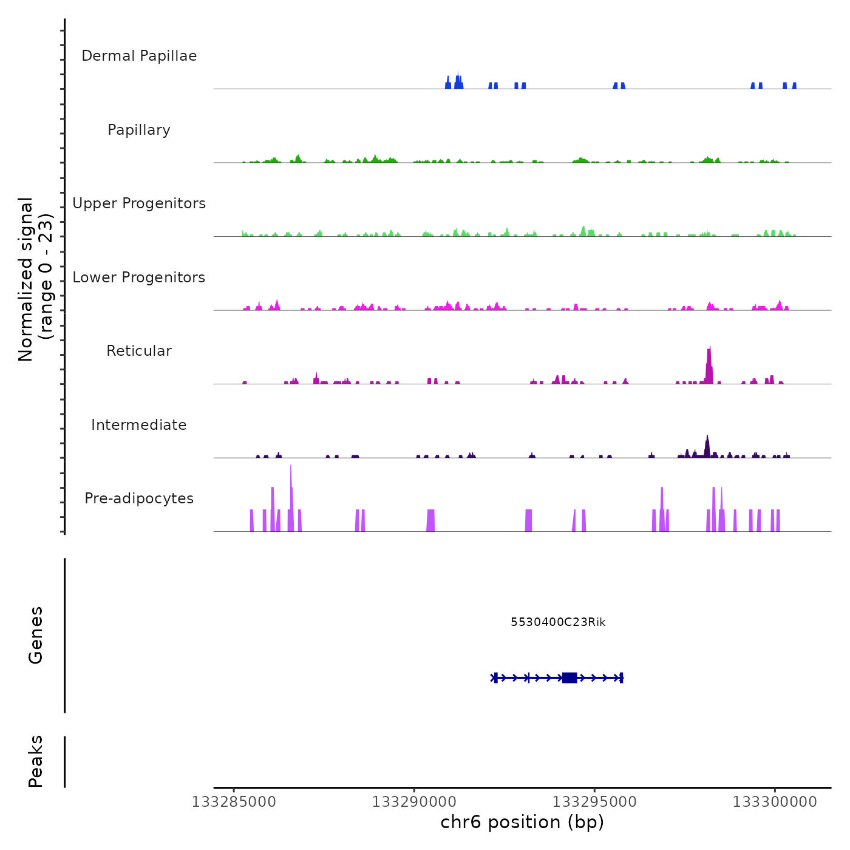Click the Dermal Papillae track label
139,56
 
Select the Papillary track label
139,130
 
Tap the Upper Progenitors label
139,203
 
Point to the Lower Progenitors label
139,277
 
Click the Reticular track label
139,351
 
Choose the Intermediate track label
139,425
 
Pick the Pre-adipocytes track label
139,498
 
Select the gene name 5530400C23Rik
558,622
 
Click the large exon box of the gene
569,678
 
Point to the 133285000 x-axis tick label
234,802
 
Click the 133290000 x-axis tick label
414,802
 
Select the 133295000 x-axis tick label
594,802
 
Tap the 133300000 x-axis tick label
775,802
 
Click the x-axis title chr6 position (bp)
522,823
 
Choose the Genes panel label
36,635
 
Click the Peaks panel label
36,761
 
